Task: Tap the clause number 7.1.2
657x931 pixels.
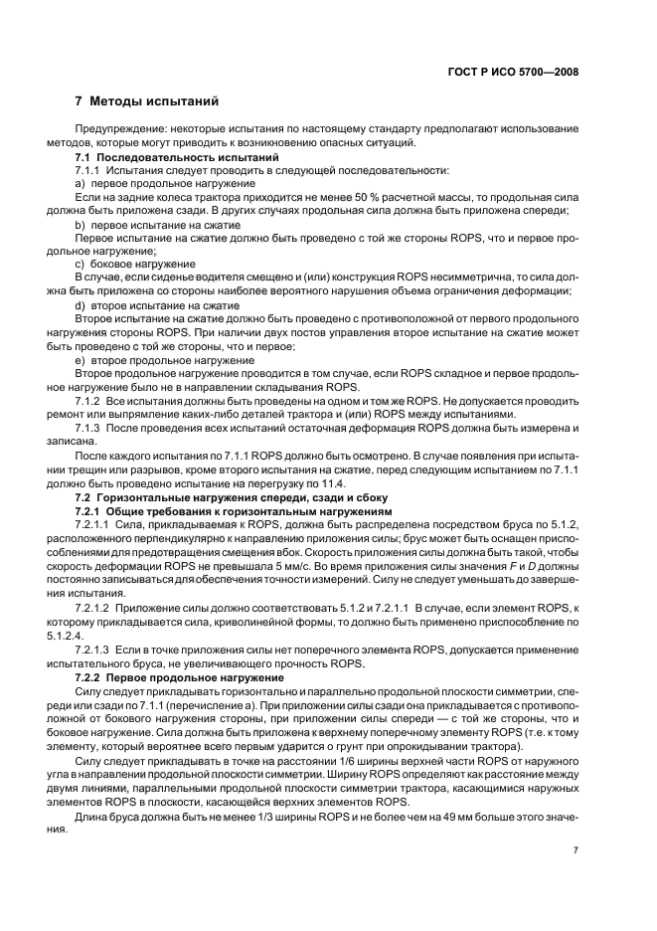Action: point(90,400)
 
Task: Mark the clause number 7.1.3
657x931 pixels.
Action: point(90,427)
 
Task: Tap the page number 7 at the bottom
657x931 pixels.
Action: point(575,850)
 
